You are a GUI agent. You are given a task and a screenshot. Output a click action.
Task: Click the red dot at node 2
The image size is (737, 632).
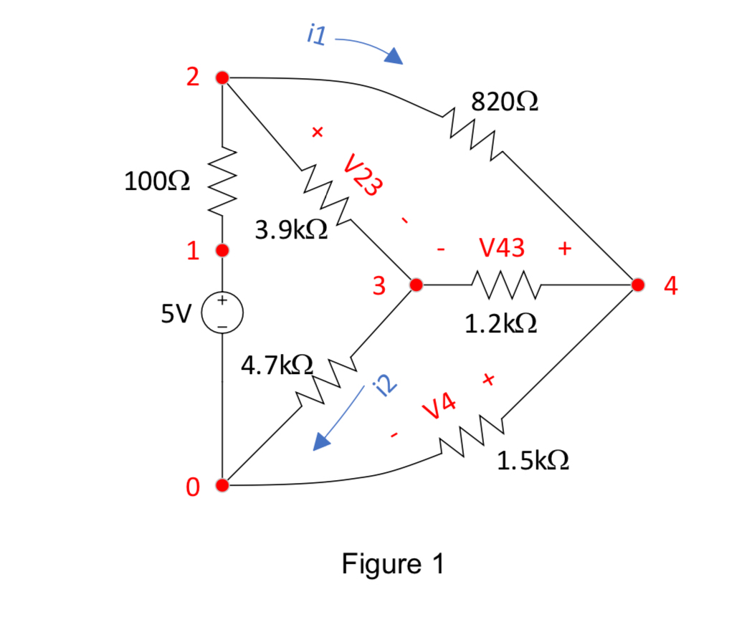222,77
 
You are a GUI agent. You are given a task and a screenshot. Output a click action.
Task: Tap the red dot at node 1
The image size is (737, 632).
222,251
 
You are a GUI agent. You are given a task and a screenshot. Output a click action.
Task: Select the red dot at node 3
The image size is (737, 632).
414,284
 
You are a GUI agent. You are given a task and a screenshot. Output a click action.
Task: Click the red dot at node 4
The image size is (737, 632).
637,284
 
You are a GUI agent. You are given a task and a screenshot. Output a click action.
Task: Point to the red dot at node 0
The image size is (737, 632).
222,486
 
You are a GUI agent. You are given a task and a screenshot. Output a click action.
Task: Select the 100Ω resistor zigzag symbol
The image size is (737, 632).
222,182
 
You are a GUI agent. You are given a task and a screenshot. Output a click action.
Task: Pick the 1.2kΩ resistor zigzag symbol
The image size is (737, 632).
505,284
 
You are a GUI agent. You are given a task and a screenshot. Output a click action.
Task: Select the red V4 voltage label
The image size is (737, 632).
439,407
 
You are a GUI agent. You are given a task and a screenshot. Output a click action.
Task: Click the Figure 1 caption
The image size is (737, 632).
393,565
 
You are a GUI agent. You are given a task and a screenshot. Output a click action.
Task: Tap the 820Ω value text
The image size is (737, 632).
505,102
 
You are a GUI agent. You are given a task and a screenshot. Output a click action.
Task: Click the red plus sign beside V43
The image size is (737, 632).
564,249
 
